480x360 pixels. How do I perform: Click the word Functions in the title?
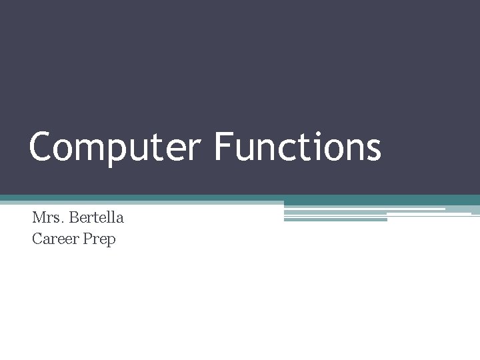(297, 147)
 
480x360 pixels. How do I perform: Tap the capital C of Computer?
(41, 147)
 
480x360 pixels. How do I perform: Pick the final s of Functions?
(373, 151)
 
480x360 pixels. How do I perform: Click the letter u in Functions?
(243, 151)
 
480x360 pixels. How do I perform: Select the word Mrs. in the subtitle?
(47, 217)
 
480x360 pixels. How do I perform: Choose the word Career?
(55, 239)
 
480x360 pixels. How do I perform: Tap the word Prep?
(100, 239)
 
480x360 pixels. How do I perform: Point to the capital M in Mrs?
(39, 217)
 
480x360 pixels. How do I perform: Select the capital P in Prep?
(88, 239)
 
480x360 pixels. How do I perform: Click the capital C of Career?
(37, 239)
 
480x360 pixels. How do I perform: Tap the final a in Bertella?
(120, 219)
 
